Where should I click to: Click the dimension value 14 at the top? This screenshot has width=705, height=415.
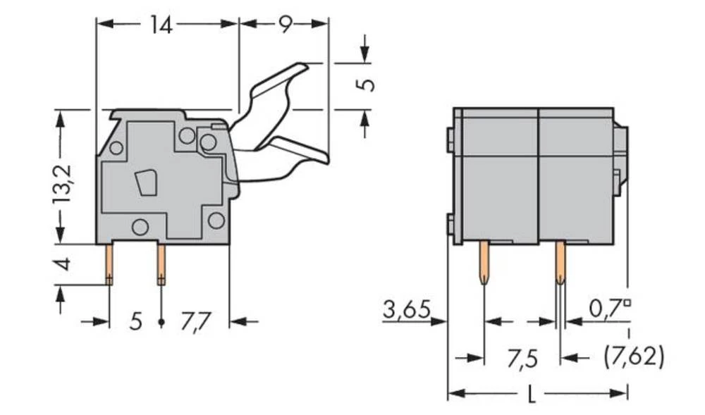(x=161, y=25)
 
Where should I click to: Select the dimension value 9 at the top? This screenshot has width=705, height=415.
(x=284, y=25)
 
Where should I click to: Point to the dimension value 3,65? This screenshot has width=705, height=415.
(x=406, y=309)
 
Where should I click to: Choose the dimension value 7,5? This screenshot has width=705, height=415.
(x=522, y=359)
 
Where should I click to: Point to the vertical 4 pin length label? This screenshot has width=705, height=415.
(x=63, y=264)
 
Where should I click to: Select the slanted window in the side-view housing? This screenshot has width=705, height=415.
(x=147, y=182)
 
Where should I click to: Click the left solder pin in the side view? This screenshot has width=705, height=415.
(x=110, y=264)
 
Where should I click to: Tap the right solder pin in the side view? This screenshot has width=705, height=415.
(x=161, y=264)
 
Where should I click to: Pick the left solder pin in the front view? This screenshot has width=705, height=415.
(x=484, y=262)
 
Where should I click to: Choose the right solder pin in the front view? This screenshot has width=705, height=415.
(x=560, y=262)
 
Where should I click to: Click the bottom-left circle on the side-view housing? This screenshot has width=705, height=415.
(x=140, y=227)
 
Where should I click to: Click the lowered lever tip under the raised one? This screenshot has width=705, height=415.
(x=310, y=152)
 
